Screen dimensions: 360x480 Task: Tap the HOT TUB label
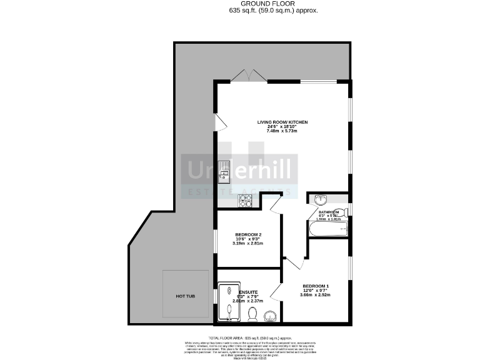(185, 296)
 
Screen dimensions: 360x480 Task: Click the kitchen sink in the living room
(224, 171)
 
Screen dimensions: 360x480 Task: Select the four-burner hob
(244, 201)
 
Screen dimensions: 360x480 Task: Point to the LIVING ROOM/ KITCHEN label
(283, 122)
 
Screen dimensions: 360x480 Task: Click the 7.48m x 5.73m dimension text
(283, 132)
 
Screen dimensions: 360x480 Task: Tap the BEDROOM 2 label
(248, 234)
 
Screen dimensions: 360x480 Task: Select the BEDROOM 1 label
(316, 286)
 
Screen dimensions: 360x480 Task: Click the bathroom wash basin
(321, 201)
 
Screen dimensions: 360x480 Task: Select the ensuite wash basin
(271, 316)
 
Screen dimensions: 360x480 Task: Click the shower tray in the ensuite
(226, 302)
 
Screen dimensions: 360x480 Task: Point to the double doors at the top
(250, 76)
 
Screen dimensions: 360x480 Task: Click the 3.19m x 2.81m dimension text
(248, 243)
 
